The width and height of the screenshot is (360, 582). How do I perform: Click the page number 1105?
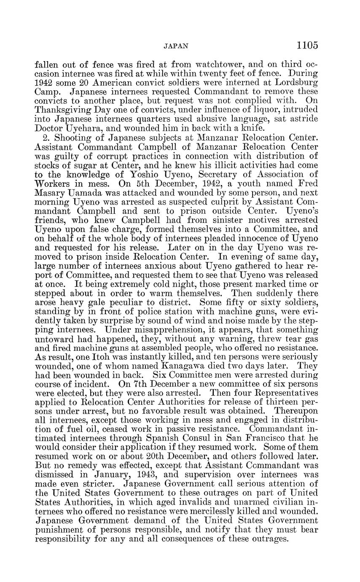tap(307, 45)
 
